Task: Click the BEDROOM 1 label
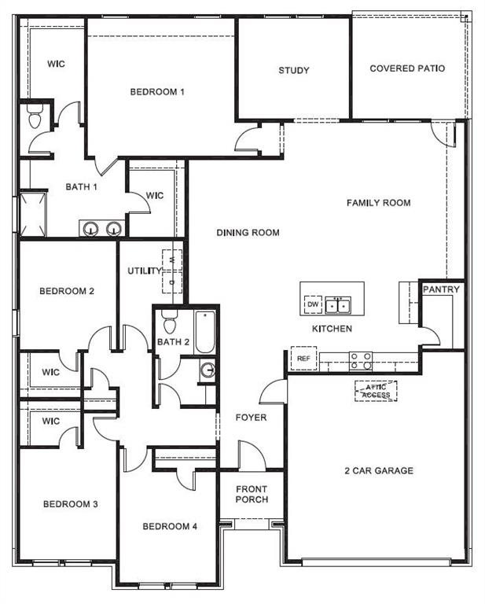pos(157,92)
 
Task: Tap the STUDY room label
pos(294,71)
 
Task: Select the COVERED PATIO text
pos(407,68)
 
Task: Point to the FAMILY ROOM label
pos(379,203)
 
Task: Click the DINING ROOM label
pos(248,233)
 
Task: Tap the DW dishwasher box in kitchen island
pos(313,304)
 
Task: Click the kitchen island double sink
pos(339,304)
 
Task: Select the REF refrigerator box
pos(303,358)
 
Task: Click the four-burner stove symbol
pos(360,360)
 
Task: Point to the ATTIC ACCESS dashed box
pos(376,390)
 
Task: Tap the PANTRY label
pos(441,289)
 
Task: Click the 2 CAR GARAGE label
pos(379,471)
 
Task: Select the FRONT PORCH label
pos(252,494)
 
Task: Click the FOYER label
pos(251,418)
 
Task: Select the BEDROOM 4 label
pos(170,527)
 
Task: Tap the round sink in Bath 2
pos(208,371)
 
